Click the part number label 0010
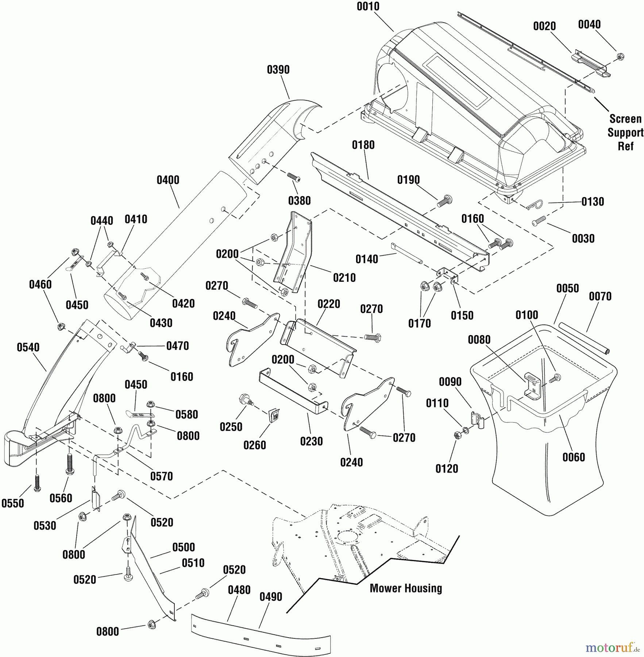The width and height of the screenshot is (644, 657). point(368,7)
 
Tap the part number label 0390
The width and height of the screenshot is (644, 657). point(278,70)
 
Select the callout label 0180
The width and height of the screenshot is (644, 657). point(363,145)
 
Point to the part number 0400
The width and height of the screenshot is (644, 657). point(168,180)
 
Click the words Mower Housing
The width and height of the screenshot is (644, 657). point(406,588)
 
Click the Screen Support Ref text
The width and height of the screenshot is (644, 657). point(625,132)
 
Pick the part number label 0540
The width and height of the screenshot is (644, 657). point(28,347)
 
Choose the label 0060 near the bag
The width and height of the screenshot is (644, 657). point(574,457)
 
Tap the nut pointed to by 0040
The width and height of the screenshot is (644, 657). point(620,57)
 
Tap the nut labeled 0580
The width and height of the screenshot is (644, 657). point(150,404)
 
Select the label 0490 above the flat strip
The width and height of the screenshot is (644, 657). point(271,597)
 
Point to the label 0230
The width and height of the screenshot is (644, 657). point(311,442)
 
